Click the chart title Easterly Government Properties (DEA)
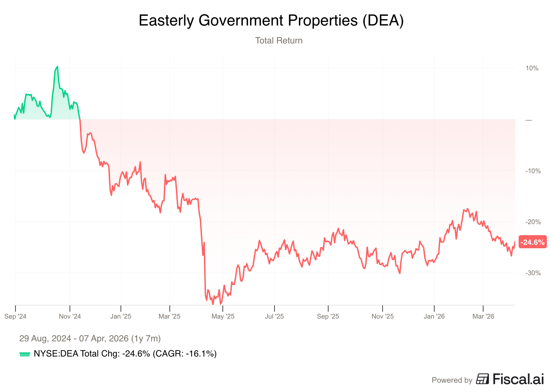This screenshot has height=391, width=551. click(x=271, y=21)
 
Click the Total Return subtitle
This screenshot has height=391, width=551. click(x=279, y=41)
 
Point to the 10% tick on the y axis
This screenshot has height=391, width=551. click(x=532, y=68)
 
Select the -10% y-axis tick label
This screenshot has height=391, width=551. click(x=533, y=171)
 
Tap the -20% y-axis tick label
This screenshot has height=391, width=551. click(x=533, y=222)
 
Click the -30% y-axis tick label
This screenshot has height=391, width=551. click(x=533, y=273)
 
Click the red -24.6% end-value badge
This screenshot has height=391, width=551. click(x=532, y=242)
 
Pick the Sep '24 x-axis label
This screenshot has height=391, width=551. click(x=15, y=317)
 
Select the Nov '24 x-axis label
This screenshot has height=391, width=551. click(x=70, y=317)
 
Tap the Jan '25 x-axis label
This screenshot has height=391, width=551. click(x=121, y=317)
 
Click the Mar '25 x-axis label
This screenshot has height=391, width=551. click(x=169, y=317)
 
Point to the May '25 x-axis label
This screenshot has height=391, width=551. click(x=223, y=317)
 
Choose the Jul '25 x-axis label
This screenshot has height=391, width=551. click(x=274, y=317)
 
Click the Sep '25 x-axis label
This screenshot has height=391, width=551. click(x=328, y=317)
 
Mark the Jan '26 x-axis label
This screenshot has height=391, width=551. click(x=434, y=317)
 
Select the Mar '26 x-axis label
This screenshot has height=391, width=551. click(x=483, y=317)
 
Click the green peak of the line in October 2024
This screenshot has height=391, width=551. click(x=57, y=67)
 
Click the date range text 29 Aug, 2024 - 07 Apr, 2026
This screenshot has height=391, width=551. click(x=90, y=339)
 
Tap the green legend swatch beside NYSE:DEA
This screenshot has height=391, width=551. click(x=25, y=354)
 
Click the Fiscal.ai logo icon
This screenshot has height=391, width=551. click(x=482, y=379)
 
